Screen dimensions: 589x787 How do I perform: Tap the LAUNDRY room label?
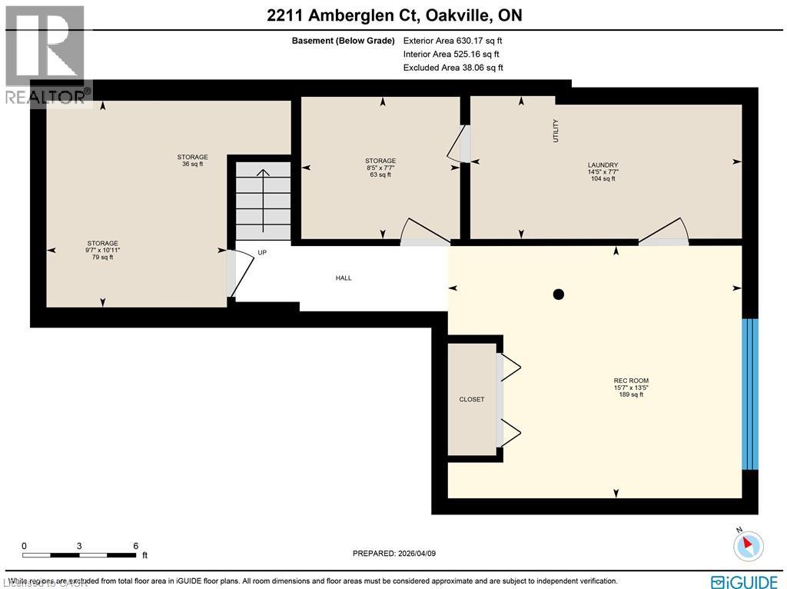pyautogui.click(x=603, y=165)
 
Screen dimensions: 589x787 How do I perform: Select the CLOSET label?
pyautogui.click(x=471, y=399)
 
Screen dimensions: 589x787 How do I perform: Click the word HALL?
pyautogui.click(x=344, y=278)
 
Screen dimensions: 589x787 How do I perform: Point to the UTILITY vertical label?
pyautogui.click(x=556, y=130)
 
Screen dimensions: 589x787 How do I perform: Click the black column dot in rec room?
pyautogui.click(x=559, y=294)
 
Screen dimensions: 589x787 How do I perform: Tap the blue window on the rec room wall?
pyautogui.click(x=749, y=393)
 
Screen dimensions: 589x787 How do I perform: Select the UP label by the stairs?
pyautogui.click(x=262, y=252)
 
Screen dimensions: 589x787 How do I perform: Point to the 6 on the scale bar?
pyautogui.click(x=135, y=546)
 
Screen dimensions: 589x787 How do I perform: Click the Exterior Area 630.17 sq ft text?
pyautogui.click(x=453, y=41)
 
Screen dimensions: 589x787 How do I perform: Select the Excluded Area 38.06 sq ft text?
pyautogui.click(x=453, y=68)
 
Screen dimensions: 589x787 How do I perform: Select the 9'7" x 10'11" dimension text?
pyautogui.click(x=101, y=250)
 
